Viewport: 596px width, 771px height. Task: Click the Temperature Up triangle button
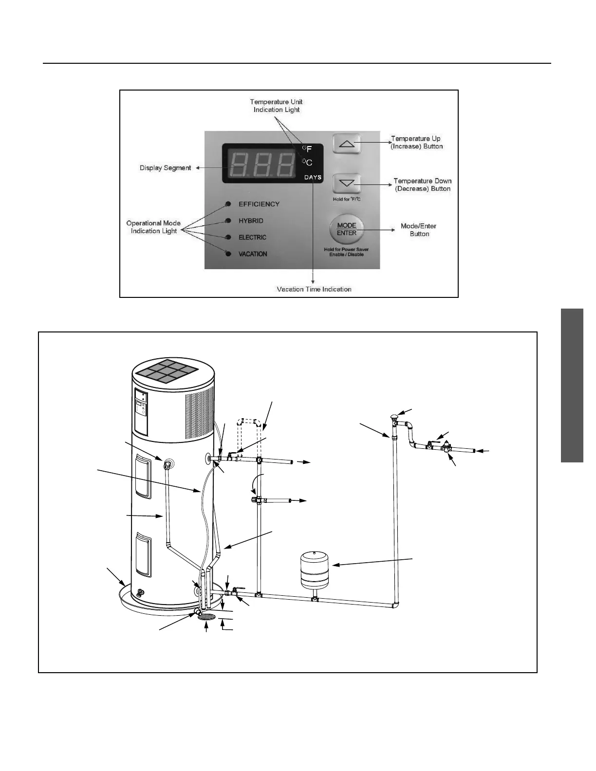347,144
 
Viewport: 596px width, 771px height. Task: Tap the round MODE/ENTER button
346,229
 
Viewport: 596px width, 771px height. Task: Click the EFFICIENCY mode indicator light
228,204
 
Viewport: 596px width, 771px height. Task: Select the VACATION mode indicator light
228,254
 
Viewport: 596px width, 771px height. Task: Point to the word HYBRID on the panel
251,220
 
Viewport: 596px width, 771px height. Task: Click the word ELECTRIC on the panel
252,238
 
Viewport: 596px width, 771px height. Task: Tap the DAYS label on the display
313,177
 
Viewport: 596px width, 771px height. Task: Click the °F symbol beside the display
307,149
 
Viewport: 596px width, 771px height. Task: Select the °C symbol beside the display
307,163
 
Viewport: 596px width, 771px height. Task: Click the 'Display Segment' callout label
166,168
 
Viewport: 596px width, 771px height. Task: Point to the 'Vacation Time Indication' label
314,289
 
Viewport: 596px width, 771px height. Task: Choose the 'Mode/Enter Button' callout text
419,230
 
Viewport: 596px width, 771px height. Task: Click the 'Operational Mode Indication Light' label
153,227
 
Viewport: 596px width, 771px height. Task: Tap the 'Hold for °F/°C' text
347,199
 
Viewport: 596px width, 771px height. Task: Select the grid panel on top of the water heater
167,372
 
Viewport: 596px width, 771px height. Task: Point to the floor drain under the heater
207,617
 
